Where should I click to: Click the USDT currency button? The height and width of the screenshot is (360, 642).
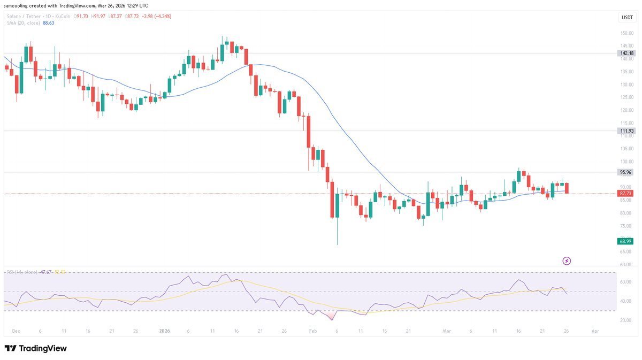coord(626,18)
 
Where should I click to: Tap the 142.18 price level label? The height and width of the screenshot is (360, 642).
coord(626,53)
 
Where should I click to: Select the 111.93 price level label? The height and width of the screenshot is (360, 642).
coord(626,131)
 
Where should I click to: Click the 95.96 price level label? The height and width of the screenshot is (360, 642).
coord(625,172)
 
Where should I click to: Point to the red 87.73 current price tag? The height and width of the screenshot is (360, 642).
coord(625,193)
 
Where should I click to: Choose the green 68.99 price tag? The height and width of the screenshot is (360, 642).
coord(626,241)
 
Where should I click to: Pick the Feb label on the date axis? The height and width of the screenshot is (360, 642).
coord(314,332)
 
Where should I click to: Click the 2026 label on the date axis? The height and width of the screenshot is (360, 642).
coord(164,332)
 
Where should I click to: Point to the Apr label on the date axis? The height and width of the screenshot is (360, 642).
coord(595,332)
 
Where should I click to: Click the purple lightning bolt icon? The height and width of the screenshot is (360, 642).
coord(567,261)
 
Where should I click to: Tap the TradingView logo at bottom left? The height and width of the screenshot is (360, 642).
coord(36,348)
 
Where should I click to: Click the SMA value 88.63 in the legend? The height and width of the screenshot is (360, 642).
coord(48,23)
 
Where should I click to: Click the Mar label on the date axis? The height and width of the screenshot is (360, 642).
coord(447,332)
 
